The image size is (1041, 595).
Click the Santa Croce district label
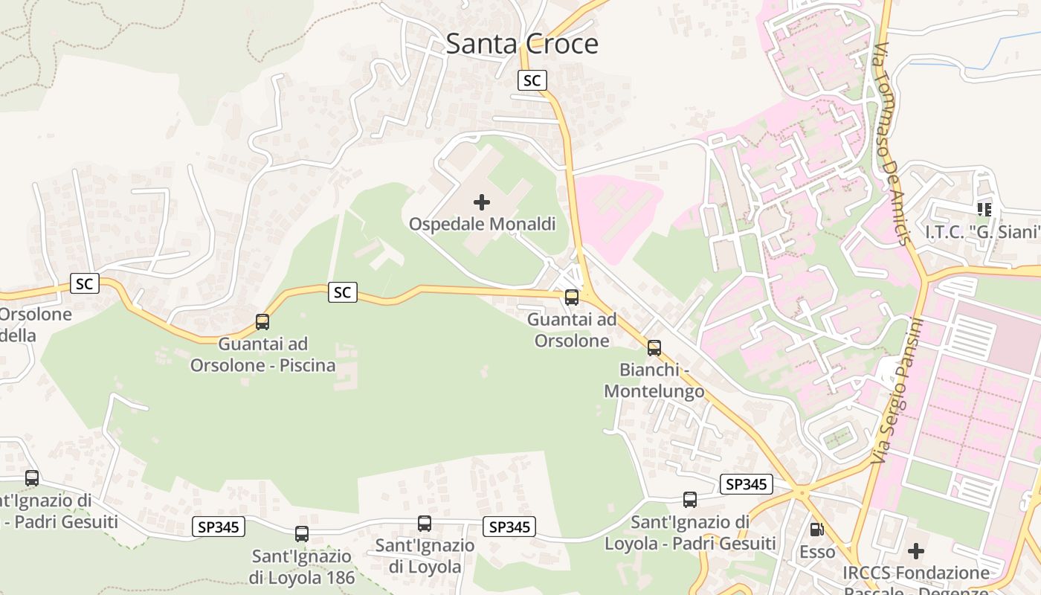522,44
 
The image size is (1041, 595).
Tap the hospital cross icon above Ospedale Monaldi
482,202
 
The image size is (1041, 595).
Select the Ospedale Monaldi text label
483,224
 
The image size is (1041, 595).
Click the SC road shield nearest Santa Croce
532,80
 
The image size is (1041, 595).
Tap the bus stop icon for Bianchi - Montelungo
654,348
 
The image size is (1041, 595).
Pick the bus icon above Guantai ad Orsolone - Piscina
262,322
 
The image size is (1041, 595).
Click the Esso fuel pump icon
816,530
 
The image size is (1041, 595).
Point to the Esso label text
817,552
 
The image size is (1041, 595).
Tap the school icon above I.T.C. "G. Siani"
984,210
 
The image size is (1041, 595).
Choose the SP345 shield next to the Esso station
747,485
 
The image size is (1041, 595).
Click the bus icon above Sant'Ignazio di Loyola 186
301,534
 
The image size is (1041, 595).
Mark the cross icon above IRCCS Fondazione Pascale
916,551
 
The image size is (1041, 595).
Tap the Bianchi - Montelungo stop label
654,380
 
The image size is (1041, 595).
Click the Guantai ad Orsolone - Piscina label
262,355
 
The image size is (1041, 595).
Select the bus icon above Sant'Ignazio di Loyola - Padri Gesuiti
690,500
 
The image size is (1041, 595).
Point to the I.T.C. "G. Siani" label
982,232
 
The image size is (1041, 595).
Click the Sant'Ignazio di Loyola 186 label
301,567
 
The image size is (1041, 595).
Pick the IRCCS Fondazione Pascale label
916,573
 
